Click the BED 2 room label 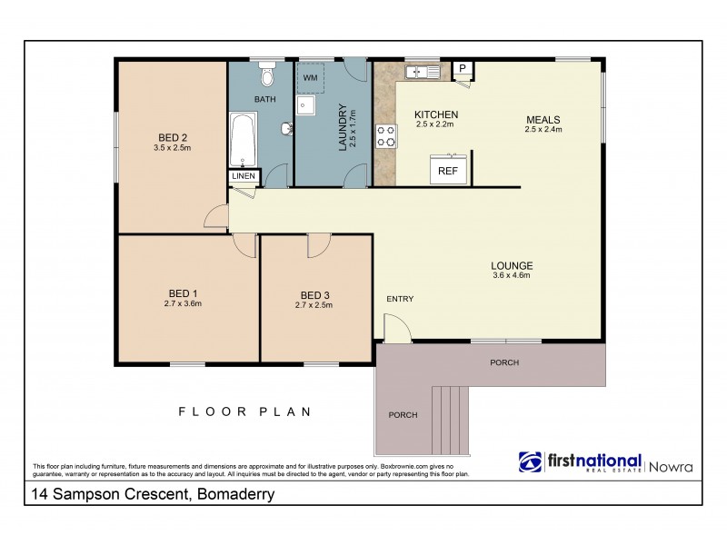pos(173,136)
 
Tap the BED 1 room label pos(183,293)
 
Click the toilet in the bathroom pos(265,72)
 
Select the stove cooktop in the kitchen pos(386,135)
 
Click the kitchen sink pos(423,70)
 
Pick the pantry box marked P pos(462,68)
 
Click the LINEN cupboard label pos(244,176)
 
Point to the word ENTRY pos(400,299)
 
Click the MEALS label pos(543,120)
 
